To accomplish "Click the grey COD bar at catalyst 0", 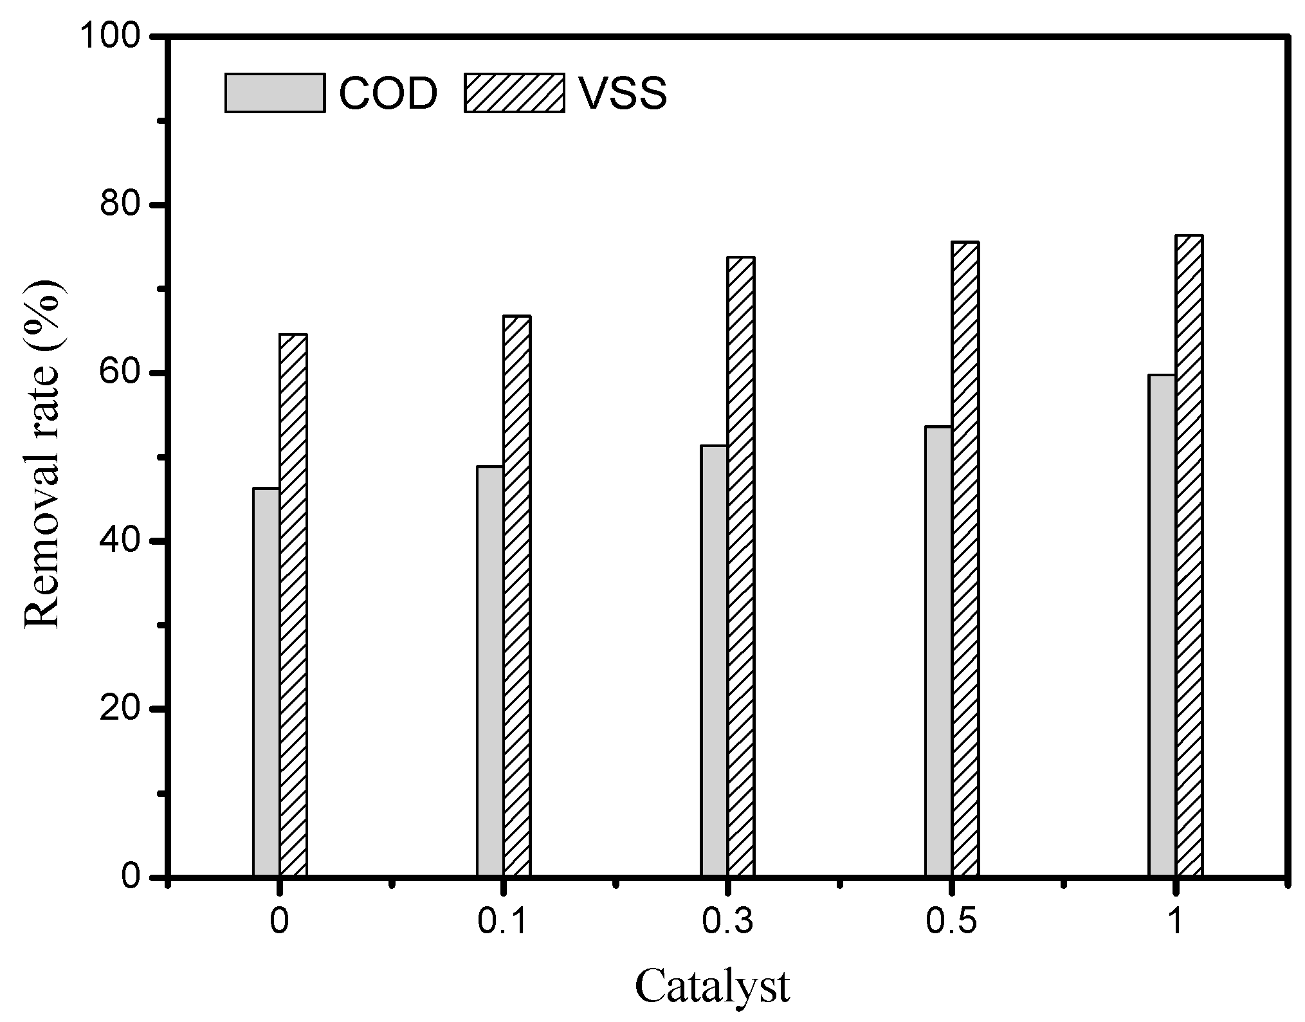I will point(266,682).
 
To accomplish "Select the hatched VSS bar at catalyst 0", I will point(293,605).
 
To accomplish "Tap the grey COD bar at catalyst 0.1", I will point(490,671).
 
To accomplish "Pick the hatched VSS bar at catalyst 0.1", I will point(517,596).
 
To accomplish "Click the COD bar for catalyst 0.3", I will point(715,661).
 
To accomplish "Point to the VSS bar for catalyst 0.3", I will point(741,566).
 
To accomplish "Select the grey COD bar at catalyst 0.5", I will point(938,651).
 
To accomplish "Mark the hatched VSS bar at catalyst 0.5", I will point(965,558).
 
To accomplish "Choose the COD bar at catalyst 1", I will point(1162,625).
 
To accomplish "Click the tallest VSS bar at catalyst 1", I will point(1189,555).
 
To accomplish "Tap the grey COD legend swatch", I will point(275,93).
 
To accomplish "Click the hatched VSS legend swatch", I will point(514,93).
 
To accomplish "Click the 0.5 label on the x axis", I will point(951,922).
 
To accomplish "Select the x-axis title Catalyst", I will point(713,987).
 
